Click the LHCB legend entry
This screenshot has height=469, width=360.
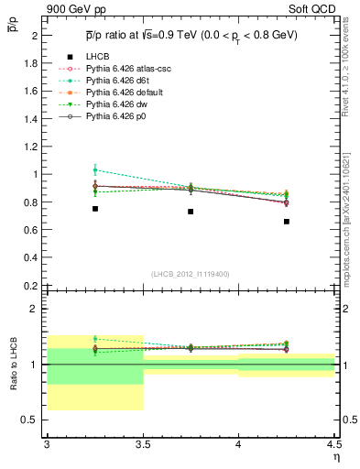pyautogui.click(x=96, y=58)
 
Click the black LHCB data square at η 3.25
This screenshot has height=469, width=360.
pyautogui.click(x=94, y=209)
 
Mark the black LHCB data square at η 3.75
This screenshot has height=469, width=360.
pyautogui.click(x=191, y=212)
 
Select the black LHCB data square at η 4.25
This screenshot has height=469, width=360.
pyautogui.click(x=287, y=222)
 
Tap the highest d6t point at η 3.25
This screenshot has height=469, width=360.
pyautogui.click(x=94, y=169)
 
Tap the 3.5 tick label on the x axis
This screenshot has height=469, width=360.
pyautogui.click(x=143, y=444)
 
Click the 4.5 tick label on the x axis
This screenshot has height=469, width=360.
pyautogui.click(x=333, y=444)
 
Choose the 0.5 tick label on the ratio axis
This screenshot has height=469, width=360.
pyautogui.click(x=30, y=420)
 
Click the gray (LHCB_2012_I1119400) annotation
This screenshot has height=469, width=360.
pyautogui.click(x=191, y=274)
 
